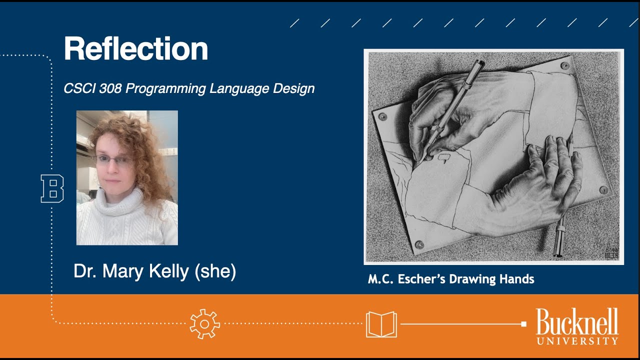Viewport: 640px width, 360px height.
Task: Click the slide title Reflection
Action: tap(135, 49)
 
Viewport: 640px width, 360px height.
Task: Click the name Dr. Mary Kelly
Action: tap(131, 271)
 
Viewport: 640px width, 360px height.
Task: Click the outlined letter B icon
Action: tap(52, 188)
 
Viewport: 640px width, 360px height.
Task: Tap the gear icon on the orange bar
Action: tap(204, 324)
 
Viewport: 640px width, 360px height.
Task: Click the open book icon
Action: tap(381, 324)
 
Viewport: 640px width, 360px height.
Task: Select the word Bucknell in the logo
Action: tap(577, 322)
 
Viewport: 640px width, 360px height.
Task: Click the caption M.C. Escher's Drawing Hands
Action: tap(451, 279)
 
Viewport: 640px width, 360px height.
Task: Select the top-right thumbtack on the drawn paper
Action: tap(564, 65)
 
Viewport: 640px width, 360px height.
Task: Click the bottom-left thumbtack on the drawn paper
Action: tap(419, 244)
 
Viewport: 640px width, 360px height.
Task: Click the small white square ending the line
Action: tap(523, 324)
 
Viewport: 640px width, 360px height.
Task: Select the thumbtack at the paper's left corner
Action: tap(383, 116)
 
